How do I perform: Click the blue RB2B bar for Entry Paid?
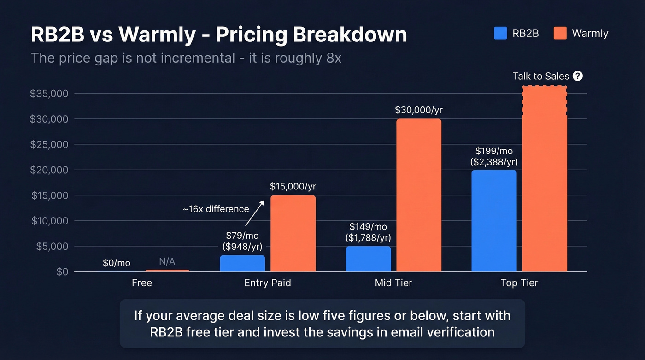(242, 263)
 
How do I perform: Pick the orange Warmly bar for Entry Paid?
(293, 233)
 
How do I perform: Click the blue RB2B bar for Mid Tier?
(368, 259)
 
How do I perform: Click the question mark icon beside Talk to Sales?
(578, 76)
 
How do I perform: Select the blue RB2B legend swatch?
(500, 33)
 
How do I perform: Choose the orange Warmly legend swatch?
(560, 33)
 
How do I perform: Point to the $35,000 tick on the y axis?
(49, 94)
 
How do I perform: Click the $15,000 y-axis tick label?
(49, 195)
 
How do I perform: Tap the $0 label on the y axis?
(62, 272)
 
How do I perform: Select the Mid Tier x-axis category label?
(393, 283)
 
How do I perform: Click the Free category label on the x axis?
(141, 283)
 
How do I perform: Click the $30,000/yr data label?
(418, 111)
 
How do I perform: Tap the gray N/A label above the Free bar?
(167, 262)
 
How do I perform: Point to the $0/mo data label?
(117, 263)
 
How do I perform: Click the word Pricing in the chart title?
(254, 35)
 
